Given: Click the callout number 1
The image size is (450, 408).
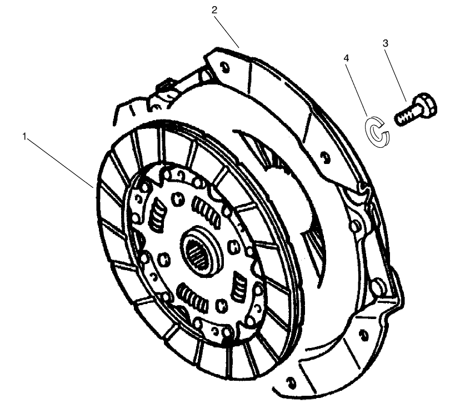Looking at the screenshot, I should pos(24,135).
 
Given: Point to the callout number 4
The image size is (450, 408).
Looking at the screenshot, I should pos(347,57).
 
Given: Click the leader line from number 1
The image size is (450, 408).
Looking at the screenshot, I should pos(61,161).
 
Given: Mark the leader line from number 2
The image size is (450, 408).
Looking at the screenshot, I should pos(227,28).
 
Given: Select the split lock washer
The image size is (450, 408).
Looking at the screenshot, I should pos(377,131).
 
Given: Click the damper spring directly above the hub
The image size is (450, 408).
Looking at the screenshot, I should pos(203,212).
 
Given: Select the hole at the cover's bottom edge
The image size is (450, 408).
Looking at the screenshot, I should pos(290,381).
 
